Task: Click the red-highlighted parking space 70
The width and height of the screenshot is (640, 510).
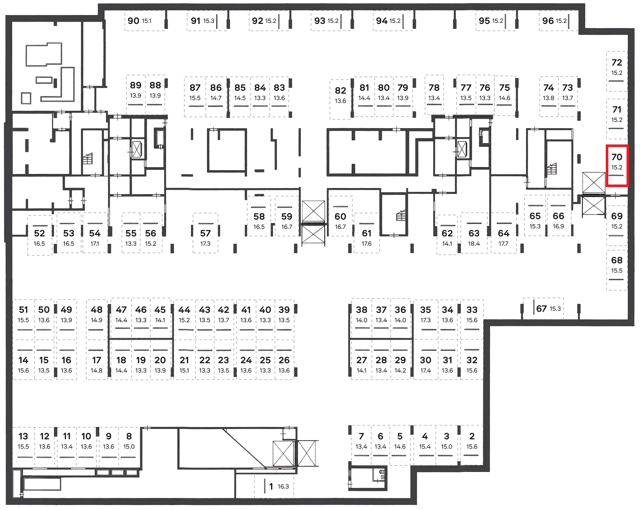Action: tap(617, 166)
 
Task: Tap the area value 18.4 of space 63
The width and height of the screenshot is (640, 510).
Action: tap(474, 244)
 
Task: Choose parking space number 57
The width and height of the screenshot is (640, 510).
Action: tap(205, 233)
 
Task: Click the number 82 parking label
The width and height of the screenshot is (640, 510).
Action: tap(340, 91)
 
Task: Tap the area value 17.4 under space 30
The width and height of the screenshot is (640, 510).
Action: tap(426, 371)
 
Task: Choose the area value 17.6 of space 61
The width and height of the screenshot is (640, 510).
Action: tap(367, 244)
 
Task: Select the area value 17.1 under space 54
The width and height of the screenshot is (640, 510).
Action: tap(95, 244)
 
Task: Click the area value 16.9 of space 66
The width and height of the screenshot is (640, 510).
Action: tap(558, 226)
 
